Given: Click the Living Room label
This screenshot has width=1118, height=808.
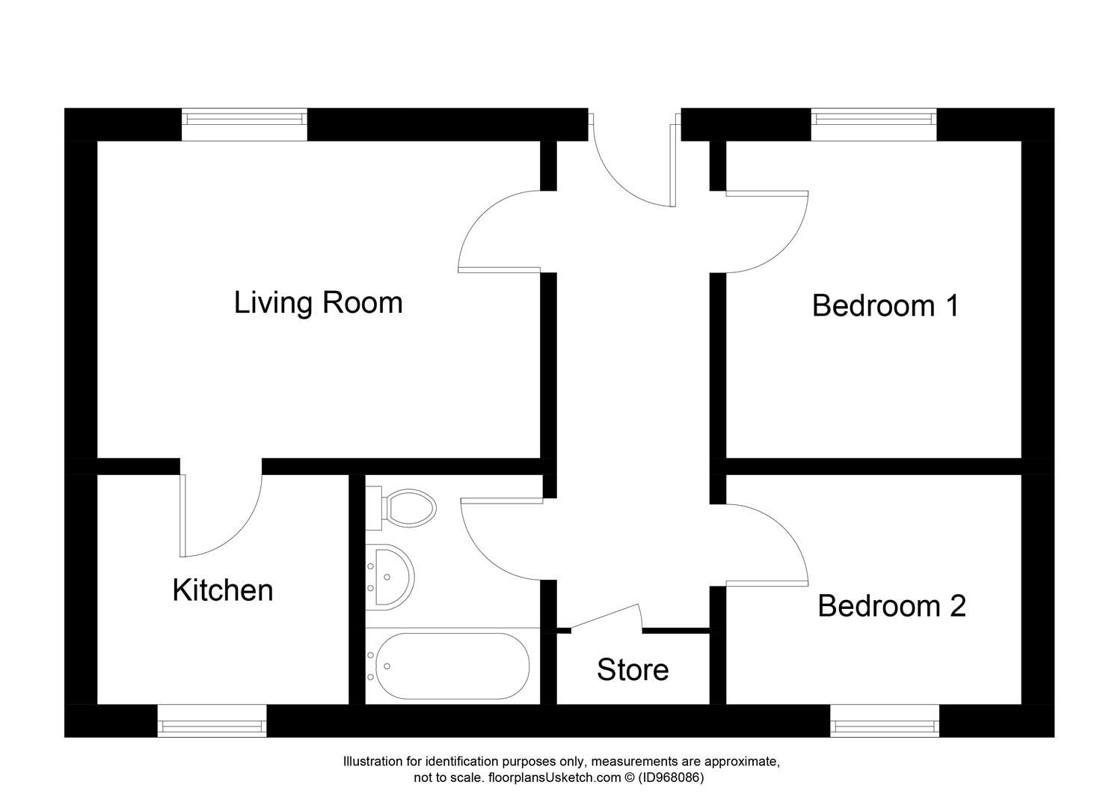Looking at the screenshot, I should pyautogui.click(x=318, y=303).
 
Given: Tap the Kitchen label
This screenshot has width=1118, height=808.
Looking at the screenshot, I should pyautogui.click(x=222, y=590).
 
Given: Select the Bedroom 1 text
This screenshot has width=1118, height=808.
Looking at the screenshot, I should pyautogui.click(x=885, y=306).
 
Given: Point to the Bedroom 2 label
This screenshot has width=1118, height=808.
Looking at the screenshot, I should pyautogui.click(x=891, y=606).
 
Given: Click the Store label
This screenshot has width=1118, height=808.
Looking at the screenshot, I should pyautogui.click(x=632, y=670).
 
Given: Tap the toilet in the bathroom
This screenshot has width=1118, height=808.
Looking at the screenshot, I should pyautogui.click(x=408, y=508).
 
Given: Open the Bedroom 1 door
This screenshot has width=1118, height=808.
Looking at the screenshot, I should pyautogui.click(x=767, y=232).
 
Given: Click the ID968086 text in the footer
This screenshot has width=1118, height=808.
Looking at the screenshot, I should pyautogui.click(x=671, y=778).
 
